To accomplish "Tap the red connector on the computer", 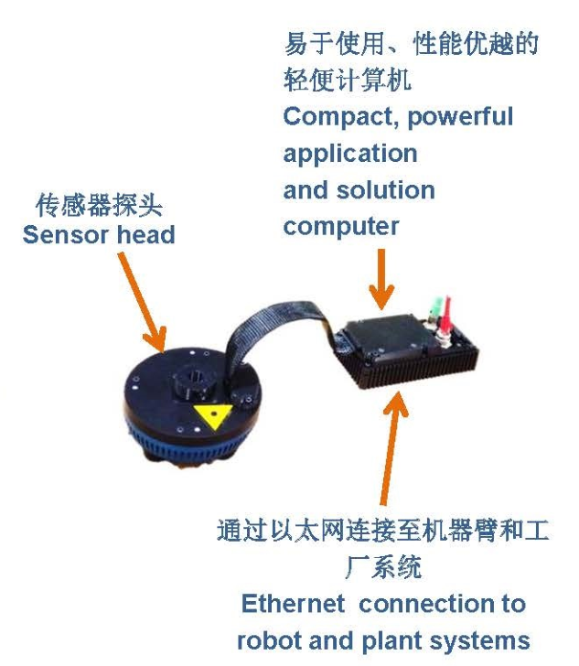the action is click(445, 315).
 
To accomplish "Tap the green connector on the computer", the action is click(434, 309).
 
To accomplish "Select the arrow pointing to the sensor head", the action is click(142, 302).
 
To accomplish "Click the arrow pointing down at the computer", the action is click(381, 279).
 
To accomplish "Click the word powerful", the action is click(460, 118).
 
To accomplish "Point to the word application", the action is click(350, 154).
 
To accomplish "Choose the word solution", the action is click(386, 190).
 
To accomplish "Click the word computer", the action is click(340, 226).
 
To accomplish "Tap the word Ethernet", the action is click(293, 603).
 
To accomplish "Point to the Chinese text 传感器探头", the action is click(99, 205).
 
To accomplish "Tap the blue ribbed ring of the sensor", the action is click(191, 446).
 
